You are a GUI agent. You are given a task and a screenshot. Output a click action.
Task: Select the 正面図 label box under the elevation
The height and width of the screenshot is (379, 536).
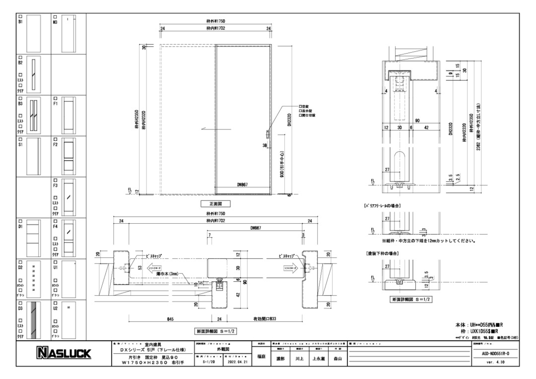click(215, 203)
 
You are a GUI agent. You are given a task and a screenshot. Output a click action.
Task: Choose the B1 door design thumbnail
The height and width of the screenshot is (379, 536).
click(33, 34)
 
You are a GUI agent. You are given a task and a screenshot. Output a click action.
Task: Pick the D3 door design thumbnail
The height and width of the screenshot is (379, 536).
click(33, 320)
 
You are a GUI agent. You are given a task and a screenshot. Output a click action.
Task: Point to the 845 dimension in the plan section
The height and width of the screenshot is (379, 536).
click(170, 319)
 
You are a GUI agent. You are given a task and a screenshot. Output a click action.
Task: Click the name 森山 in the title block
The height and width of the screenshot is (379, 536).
click(338, 359)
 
